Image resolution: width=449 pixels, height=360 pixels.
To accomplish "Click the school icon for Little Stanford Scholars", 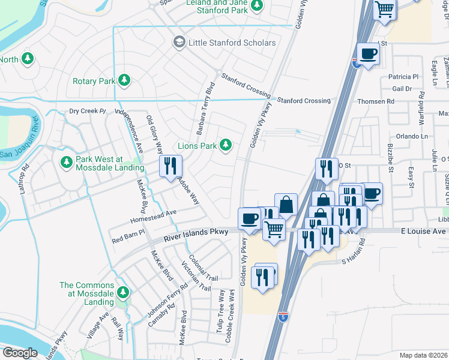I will click(179, 43).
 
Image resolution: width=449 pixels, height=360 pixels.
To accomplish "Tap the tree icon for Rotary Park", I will click(124, 80).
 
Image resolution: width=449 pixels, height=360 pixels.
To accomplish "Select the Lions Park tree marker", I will click(226, 145).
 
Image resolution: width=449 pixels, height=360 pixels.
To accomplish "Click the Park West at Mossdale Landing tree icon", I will click(65, 163).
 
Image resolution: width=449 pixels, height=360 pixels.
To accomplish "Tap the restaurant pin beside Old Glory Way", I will click(170, 166).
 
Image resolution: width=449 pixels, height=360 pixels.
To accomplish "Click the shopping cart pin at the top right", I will click(385, 10).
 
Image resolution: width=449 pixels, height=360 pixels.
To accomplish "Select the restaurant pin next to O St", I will click(326, 167).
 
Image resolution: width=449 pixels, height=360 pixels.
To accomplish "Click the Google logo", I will click(19, 353).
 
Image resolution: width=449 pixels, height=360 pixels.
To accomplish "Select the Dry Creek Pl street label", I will click(87, 111).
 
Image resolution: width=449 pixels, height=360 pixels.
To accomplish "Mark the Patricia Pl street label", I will click(403, 77).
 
